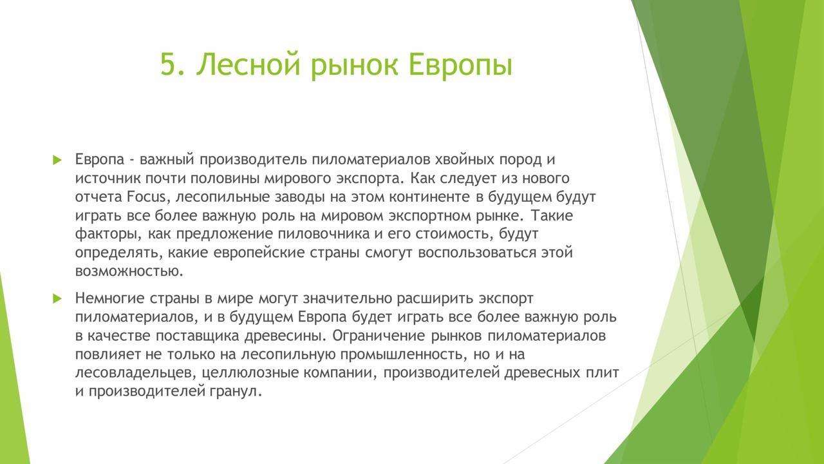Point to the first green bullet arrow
pos(57,160)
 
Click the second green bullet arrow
pos(57,298)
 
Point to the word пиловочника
pos(323,234)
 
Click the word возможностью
pos(129,271)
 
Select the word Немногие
pos(109,298)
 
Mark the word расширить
pos(434,298)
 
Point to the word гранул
pos(236,392)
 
